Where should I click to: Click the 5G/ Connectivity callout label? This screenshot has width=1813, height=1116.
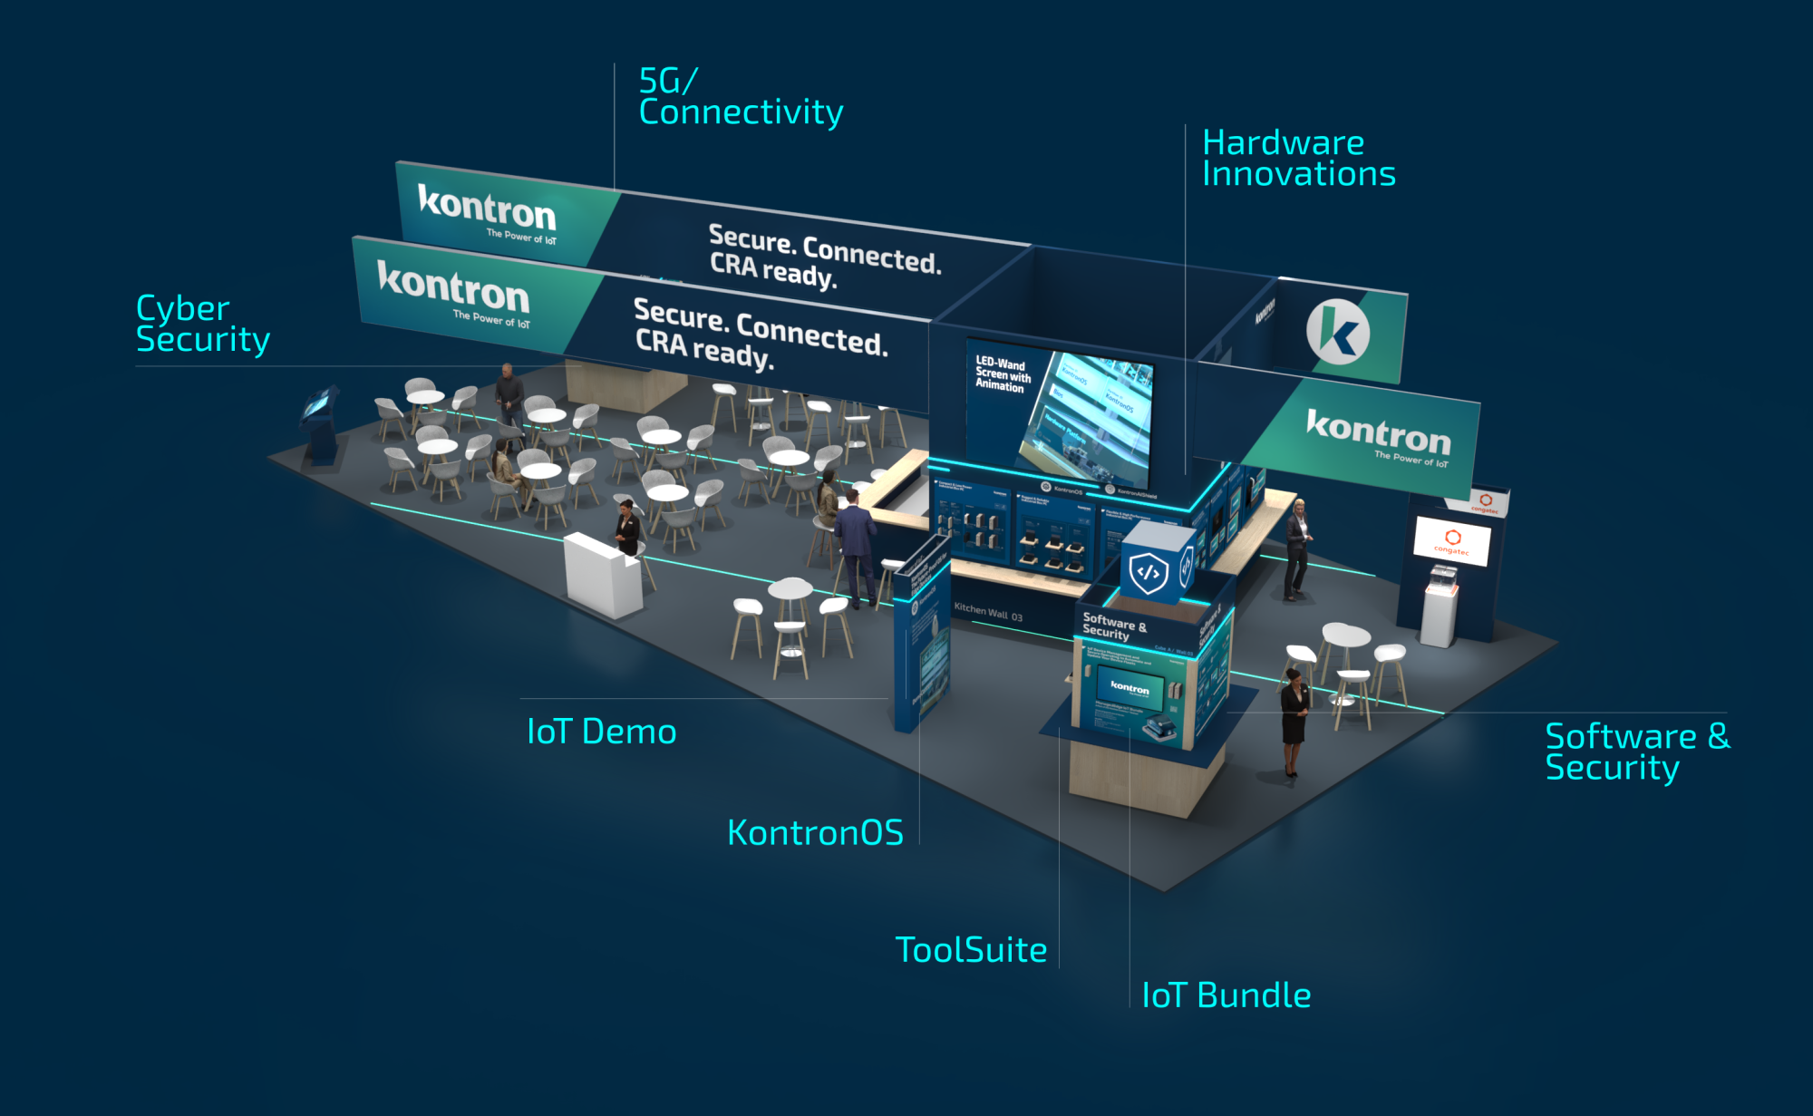(740, 97)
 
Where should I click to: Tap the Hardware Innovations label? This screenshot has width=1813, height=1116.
(1297, 158)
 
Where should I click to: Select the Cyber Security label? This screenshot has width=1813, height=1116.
(202, 324)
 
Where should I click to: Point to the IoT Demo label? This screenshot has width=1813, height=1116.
(601, 732)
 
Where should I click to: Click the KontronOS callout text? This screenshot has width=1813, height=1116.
(815, 833)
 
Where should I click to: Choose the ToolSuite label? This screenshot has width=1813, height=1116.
(971, 950)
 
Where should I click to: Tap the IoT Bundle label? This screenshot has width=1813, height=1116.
(1226, 995)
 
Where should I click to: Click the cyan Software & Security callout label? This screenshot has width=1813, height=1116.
(1636, 752)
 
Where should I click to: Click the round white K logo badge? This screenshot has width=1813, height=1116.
(1337, 332)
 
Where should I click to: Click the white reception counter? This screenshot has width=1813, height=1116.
(602, 574)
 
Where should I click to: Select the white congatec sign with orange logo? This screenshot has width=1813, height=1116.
(1451, 540)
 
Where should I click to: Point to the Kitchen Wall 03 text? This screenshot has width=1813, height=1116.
(987, 613)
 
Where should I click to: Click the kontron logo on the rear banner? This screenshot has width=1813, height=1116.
(486, 209)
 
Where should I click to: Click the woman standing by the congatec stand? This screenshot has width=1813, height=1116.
(1297, 548)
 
